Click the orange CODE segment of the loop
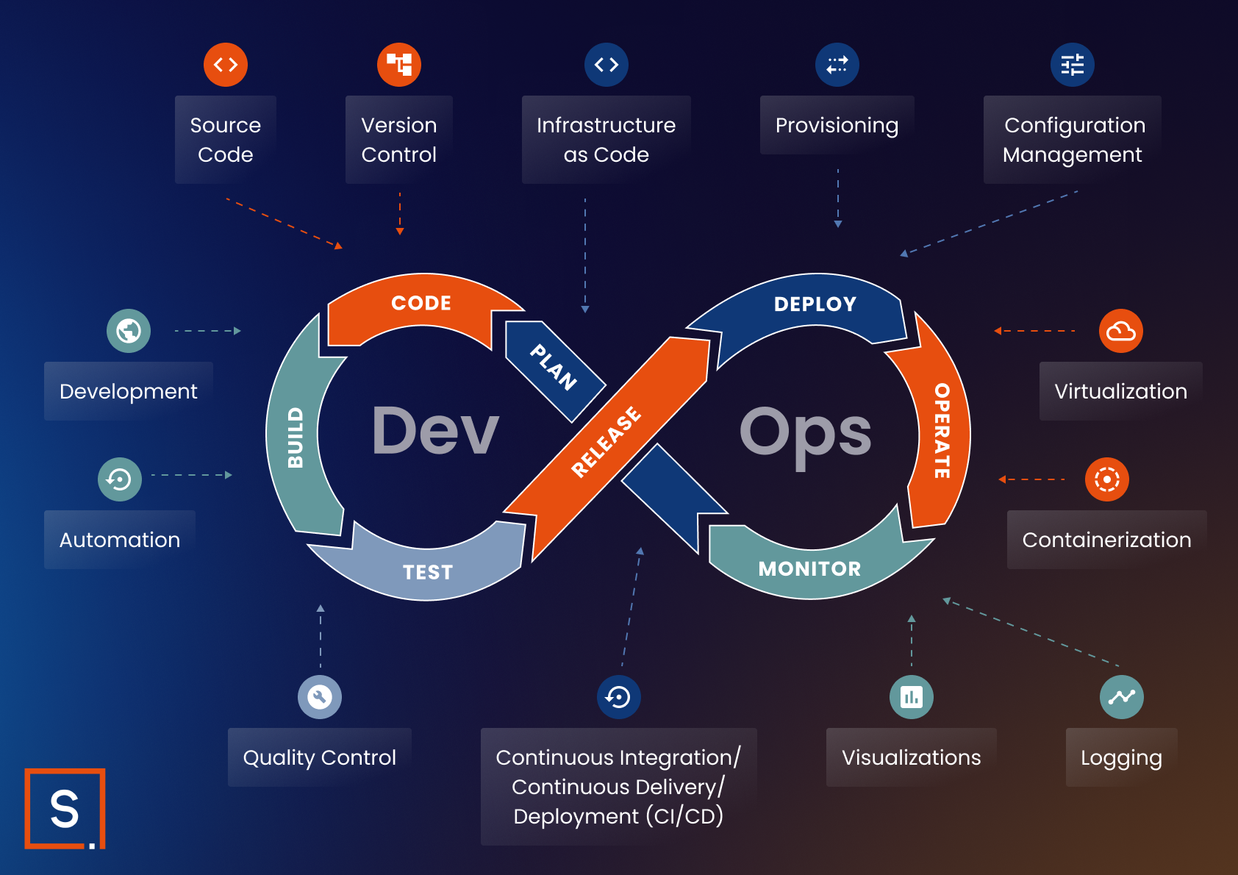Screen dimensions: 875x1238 (421, 304)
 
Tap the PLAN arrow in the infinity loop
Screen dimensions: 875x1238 (554, 368)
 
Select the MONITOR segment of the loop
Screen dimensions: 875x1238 (809, 568)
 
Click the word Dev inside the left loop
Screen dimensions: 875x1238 (434, 431)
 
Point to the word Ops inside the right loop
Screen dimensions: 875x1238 (805, 434)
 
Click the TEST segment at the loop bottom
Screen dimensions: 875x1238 (427, 572)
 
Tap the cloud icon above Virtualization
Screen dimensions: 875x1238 (1120, 331)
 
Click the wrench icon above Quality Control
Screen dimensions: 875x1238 (320, 696)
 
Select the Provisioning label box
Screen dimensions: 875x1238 (837, 126)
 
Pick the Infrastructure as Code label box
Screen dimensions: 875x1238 (606, 140)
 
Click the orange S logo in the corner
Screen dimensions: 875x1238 (65, 809)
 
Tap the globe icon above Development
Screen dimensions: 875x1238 (129, 331)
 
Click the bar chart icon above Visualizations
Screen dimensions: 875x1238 (911, 696)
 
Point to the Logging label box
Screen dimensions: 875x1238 (1121, 757)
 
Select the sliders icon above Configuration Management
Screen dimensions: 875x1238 (1072, 65)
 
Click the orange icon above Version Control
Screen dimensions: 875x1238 (399, 65)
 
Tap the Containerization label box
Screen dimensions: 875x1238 (1106, 540)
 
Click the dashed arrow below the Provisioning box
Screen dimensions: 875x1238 (837, 199)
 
